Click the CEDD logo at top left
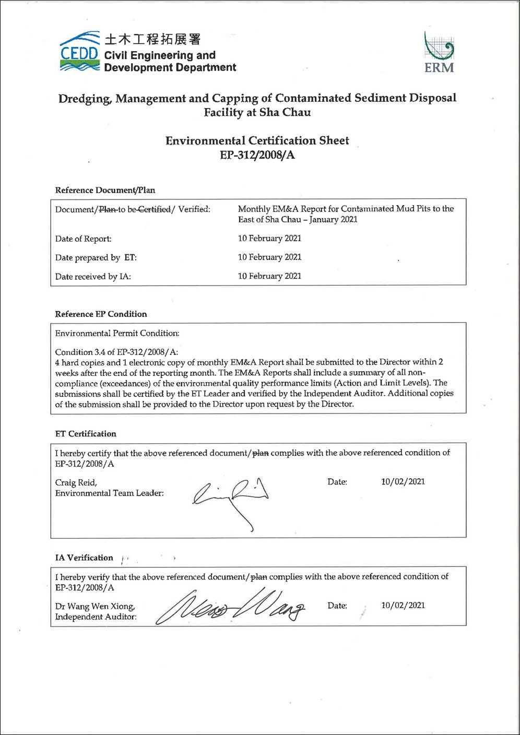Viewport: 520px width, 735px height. (x=79, y=52)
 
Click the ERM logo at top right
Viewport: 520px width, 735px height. (x=439, y=52)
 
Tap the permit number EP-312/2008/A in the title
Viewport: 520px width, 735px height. (x=257, y=155)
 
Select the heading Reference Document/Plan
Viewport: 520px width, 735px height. (x=105, y=190)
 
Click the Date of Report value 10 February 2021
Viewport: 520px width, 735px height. (x=269, y=239)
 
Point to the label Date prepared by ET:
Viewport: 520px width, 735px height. (x=96, y=257)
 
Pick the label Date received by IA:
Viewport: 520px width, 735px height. (x=93, y=277)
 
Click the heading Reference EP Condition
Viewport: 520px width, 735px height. (x=101, y=314)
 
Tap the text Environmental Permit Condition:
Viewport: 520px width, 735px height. (x=117, y=333)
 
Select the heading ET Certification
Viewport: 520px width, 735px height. (x=86, y=434)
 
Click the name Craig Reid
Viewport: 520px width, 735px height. (x=76, y=482)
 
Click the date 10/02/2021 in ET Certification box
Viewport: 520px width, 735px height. (x=403, y=482)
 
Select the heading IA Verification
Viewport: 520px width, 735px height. (x=84, y=558)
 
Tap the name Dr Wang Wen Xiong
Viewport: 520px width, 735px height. (x=95, y=606)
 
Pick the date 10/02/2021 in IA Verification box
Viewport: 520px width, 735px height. (x=403, y=606)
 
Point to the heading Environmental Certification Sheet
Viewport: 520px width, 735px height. (x=257, y=140)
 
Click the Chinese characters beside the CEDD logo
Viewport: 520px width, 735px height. (x=152, y=39)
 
